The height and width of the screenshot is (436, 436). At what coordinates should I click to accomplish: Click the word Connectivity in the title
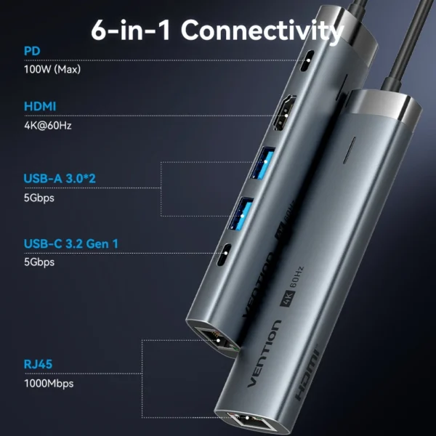pos(262,31)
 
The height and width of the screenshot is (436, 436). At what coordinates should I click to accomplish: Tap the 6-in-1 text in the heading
pos(133,31)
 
